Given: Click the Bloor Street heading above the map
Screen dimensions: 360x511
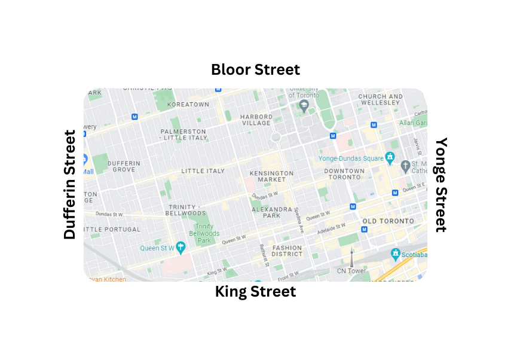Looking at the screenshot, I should pos(255,69).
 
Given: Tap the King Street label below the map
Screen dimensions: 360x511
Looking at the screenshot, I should pos(255,292).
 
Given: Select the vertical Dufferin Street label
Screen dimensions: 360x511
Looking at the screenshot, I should pos(71,184).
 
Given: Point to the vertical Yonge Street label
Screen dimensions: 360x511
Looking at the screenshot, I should pos(440,184).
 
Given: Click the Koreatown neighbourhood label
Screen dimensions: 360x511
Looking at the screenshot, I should pos(188,105).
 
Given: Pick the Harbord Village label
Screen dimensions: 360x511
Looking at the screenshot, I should pos(256,120).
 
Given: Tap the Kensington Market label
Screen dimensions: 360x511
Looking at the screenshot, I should pos(271,176).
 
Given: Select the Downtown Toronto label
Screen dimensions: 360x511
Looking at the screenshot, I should pos(344,174).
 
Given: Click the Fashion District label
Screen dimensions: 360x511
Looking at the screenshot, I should pos(287,251).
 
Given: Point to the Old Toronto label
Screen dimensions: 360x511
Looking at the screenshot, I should pos(388,221).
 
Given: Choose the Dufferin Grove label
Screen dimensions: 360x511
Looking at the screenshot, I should pos(124,166).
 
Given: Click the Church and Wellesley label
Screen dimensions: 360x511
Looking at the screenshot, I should pos(380,99).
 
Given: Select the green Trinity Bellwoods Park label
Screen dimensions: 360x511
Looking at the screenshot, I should pos(204,233).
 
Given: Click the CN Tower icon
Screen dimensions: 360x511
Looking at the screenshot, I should pos(351,258).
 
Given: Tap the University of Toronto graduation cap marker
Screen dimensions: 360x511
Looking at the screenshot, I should pos(304,106).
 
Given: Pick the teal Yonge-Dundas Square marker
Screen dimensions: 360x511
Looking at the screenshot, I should pos(390,158).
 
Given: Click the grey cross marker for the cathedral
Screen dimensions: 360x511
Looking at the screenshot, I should pos(405,166).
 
